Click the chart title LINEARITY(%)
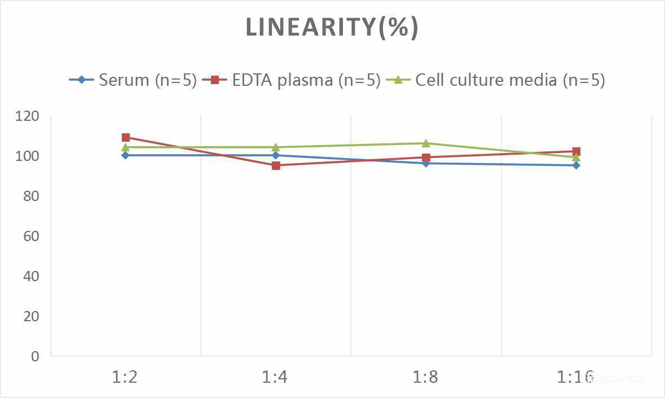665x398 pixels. click(332, 28)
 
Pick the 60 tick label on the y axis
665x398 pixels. click(31, 237)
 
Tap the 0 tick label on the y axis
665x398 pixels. click(36, 356)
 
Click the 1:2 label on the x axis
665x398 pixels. click(125, 377)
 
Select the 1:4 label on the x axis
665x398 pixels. click(275, 377)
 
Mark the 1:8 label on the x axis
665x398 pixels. click(426, 377)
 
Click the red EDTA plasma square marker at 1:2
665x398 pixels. click(126, 137)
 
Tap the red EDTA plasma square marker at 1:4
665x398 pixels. click(276, 165)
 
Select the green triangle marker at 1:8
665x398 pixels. click(426, 143)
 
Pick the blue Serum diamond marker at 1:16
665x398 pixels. click(576, 165)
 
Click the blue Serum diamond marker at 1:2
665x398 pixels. click(126, 155)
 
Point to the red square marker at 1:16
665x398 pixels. click(576, 151)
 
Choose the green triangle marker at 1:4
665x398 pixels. click(276, 147)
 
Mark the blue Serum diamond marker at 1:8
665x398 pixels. click(426, 163)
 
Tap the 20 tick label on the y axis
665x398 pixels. click(31, 317)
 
